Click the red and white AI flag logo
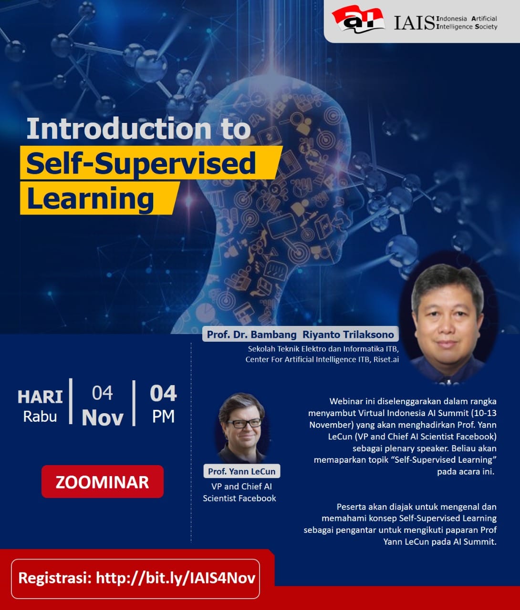coord(358,20)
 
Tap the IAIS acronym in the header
coord(414,23)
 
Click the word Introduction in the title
coord(119,129)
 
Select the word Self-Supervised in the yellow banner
coord(141,163)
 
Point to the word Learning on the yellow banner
coord(90,198)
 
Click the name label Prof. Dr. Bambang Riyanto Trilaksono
coord(300,334)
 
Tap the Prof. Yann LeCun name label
coord(241,471)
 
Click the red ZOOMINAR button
coord(102,482)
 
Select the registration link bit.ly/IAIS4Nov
coord(176,578)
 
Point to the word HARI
coord(40,396)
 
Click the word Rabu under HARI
coord(40,417)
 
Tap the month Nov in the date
coord(102,417)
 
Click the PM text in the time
coord(163,417)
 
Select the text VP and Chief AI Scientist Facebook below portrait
coord(239,492)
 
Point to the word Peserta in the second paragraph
coord(354,507)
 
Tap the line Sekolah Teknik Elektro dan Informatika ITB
coord(323,348)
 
